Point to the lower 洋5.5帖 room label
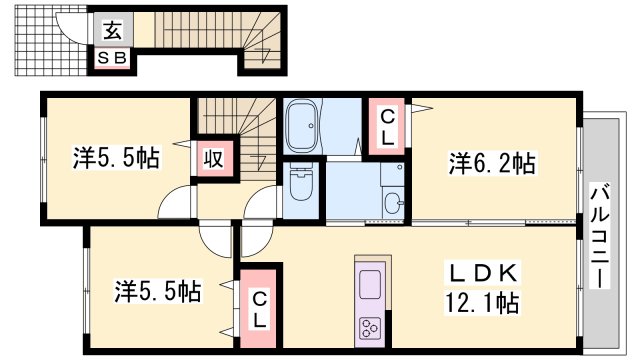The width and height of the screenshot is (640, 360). pos(157,291)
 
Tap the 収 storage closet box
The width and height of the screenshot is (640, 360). pos(213,159)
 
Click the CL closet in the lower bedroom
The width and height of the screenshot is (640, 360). pos(257,308)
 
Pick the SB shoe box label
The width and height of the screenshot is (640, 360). pos(112,58)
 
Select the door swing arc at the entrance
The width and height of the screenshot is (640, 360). pos(72,30)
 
